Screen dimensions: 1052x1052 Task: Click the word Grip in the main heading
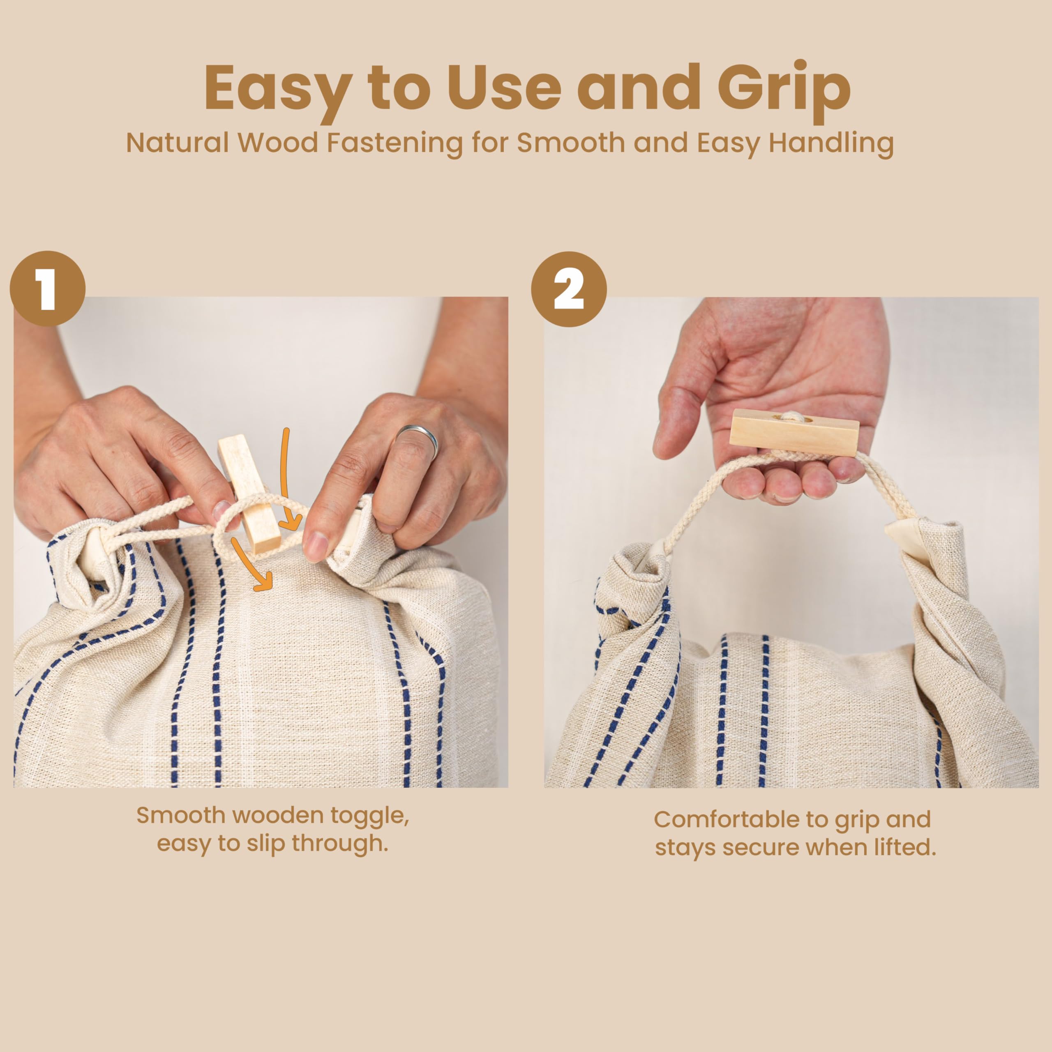pyautogui.click(x=784, y=90)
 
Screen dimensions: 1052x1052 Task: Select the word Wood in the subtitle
pyautogui.click(x=278, y=142)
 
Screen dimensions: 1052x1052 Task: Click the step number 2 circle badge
pyautogui.click(x=569, y=289)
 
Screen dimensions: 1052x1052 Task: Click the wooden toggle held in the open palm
pyautogui.click(x=794, y=430)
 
